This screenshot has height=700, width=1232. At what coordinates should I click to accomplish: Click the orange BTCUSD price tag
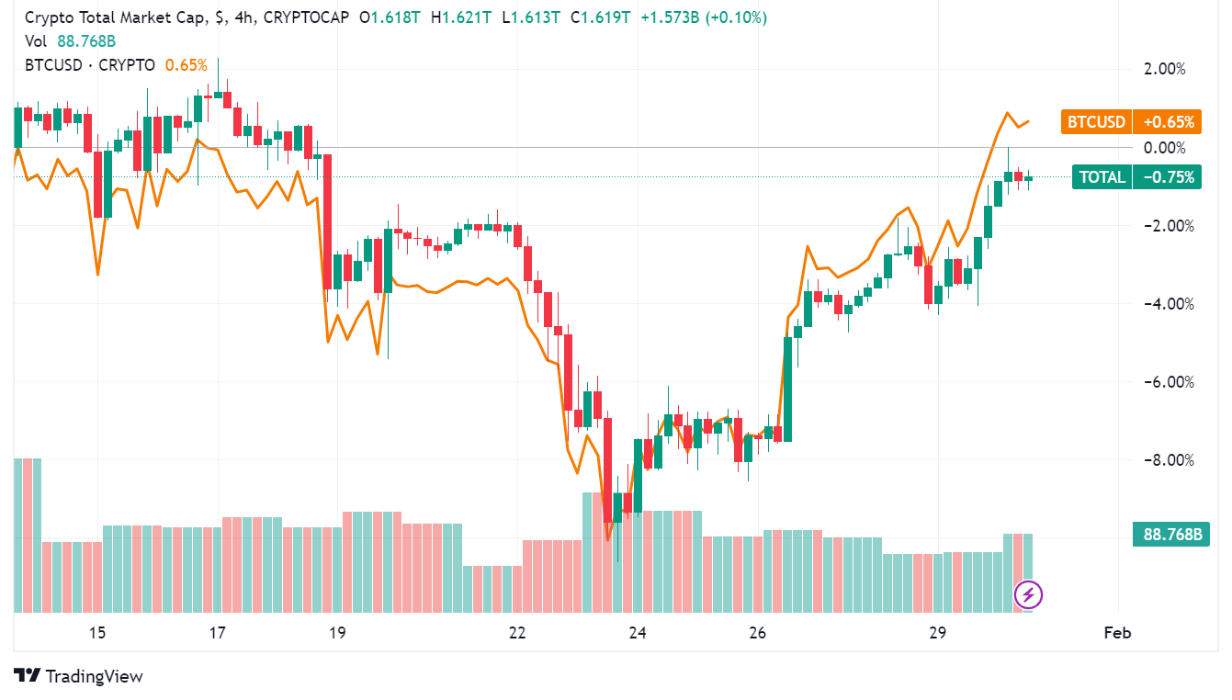[1095, 122]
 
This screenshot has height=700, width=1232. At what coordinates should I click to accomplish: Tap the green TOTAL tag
[1102, 177]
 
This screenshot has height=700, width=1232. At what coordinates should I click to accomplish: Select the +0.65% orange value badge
[1167, 122]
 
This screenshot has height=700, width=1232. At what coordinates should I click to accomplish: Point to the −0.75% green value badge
[1167, 177]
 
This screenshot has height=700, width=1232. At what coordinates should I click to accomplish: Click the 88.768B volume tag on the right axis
[1172, 534]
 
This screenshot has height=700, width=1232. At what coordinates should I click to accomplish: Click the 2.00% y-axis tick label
[1164, 69]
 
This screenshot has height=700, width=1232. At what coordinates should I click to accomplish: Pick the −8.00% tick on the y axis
[1162, 460]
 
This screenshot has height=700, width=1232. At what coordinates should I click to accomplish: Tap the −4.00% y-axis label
[1162, 304]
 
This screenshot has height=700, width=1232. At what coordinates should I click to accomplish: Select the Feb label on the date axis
[1116, 633]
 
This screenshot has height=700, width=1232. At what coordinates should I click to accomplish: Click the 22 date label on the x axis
[517, 633]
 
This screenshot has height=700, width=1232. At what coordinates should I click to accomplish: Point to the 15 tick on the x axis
[97, 633]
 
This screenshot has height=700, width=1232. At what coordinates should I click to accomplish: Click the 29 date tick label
[937, 633]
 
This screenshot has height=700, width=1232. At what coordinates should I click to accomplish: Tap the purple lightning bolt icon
[1028, 595]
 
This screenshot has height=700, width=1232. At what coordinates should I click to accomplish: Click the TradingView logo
[79, 676]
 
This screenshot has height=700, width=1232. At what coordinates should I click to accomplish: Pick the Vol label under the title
[36, 41]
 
